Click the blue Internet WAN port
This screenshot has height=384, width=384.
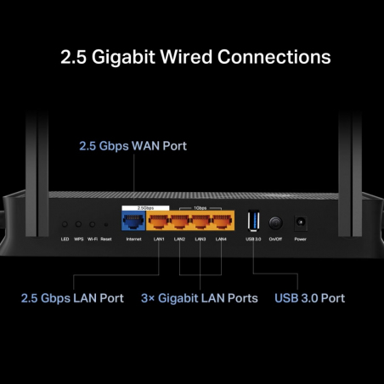[x=133, y=223]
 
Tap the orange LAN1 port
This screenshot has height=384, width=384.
[x=159, y=223]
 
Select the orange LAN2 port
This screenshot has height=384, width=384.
[x=179, y=223]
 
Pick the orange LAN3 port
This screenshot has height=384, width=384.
[x=200, y=223]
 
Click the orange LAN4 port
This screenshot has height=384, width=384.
[x=221, y=223]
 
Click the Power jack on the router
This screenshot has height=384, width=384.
[x=299, y=223]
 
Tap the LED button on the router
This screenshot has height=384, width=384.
[x=65, y=225]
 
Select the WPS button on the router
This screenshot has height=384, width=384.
[x=78, y=225]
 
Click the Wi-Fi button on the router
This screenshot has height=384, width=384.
[x=92, y=225]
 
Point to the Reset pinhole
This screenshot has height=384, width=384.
[x=105, y=225]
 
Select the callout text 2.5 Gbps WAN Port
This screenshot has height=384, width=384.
[x=133, y=146]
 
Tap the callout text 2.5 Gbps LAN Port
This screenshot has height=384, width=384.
[x=72, y=298]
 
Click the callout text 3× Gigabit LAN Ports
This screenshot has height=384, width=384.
[x=200, y=298]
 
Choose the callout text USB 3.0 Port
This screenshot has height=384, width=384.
[x=309, y=298]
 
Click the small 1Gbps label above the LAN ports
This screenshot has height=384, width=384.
[x=200, y=206]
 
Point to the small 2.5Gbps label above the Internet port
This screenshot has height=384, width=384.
[x=133, y=206]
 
